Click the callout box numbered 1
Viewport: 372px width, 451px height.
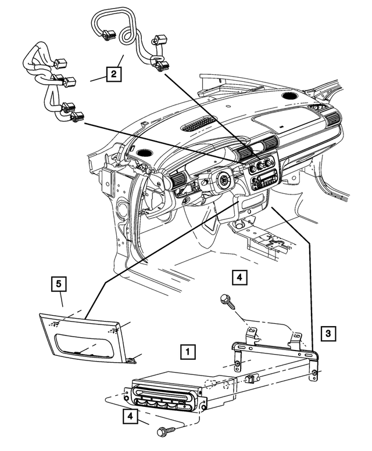pos(187,351)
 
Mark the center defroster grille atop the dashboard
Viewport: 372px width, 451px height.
pos(199,124)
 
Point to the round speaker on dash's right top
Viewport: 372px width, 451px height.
pos(289,95)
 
